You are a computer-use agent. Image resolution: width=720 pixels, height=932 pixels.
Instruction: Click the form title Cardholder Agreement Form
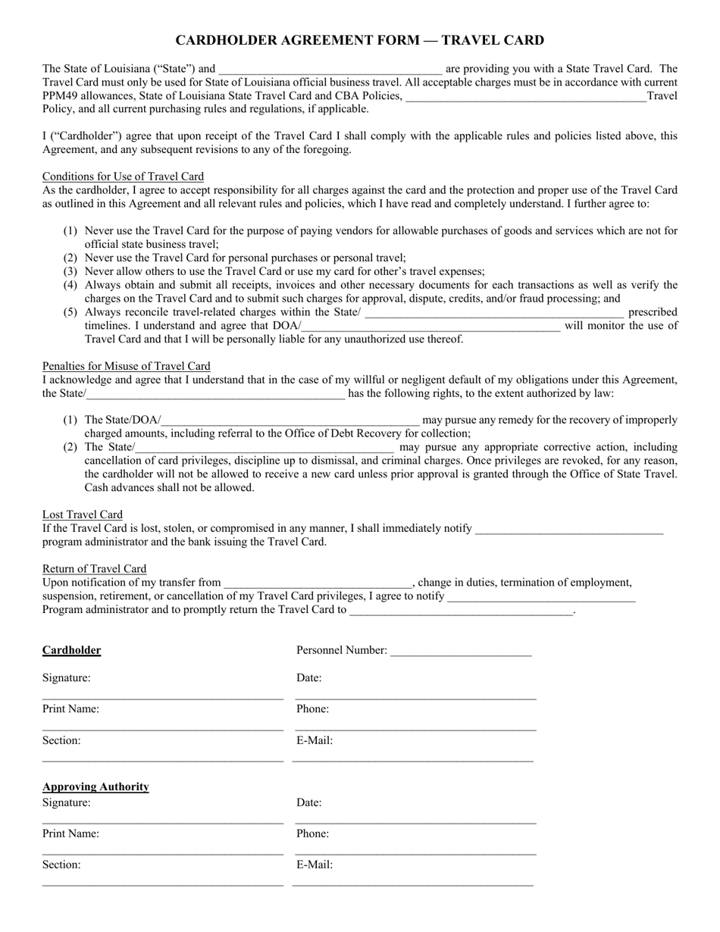pos(359,40)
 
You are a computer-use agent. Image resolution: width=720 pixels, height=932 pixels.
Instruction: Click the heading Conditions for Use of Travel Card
pos(123,177)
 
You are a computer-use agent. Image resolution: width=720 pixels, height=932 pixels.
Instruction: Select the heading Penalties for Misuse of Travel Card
pos(126,366)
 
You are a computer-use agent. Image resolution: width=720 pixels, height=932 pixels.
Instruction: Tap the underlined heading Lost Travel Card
pos(83,514)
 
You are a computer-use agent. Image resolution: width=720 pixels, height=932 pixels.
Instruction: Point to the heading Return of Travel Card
pos(94,569)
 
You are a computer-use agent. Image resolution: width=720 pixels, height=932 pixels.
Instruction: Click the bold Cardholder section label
pos(71,650)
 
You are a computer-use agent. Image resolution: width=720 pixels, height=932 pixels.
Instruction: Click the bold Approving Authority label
pos(95,787)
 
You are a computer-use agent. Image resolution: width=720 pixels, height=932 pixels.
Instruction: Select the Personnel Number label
pos(341,650)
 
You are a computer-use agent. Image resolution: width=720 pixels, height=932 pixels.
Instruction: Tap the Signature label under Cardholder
pos(66,678)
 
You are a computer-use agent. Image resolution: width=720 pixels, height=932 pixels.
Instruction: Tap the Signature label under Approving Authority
pos(66,802)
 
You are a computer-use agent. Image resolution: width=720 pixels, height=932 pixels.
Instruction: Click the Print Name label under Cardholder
pos(70,709)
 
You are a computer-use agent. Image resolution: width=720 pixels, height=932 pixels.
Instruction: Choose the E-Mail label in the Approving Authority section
pos(315,865)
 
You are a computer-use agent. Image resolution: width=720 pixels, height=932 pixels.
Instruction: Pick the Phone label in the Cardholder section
pos(312,709)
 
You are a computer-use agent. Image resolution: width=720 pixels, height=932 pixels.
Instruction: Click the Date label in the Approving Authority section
pos(308,802)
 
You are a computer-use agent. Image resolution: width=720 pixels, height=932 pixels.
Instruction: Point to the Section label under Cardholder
pos(61,740)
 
